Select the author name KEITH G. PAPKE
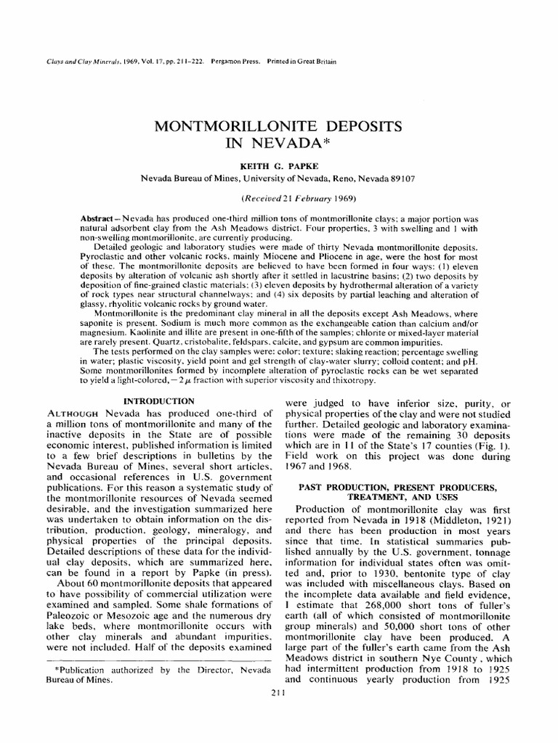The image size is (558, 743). point(278,166)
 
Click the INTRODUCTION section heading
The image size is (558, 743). point(158,401)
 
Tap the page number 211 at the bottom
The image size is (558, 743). point(278,694)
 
